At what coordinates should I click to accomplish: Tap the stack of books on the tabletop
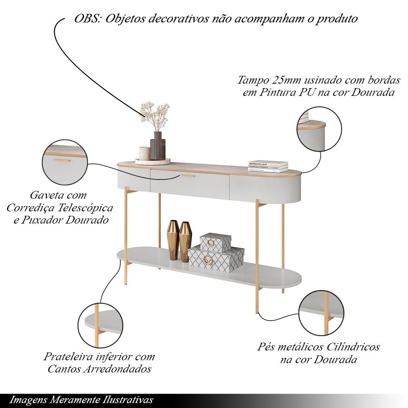[268, 166]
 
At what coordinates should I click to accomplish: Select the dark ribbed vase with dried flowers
[157, 146]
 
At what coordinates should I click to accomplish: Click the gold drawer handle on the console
[188, 176]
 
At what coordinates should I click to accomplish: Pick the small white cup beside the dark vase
[144, 153]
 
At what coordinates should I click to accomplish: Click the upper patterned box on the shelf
[215, 242]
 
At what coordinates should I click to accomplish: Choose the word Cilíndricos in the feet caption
[353, 347]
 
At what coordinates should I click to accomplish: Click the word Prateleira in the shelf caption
[68, 357]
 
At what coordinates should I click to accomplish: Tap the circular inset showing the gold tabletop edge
[319, 129]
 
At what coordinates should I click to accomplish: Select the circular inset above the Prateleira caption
[100, 325]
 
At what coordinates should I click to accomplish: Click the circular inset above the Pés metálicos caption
[322, 313]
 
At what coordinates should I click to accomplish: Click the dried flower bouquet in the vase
[155, 116]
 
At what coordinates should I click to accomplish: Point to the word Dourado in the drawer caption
[87, 220]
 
